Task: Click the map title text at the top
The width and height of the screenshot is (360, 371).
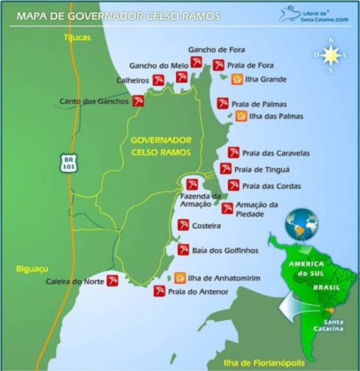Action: tap(119, 14)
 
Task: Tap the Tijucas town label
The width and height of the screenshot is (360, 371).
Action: tap(77, 38)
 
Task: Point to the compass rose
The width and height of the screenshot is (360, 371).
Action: tap(330, 56)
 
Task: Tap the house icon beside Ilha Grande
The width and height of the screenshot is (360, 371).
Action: tap(236, 79)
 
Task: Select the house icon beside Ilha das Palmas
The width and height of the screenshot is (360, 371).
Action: tap(241, 116)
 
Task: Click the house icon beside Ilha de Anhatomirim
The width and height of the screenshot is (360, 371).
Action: tap(179, 278)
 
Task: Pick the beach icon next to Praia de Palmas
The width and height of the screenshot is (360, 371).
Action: tap(223, 103)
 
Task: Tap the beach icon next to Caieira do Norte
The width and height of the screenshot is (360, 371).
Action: tap(113, 281)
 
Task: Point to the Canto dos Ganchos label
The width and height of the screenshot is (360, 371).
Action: tap(93, 101)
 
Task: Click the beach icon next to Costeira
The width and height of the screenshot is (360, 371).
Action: tap(183, 224)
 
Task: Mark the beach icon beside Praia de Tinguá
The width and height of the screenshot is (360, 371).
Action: tap(226, 169)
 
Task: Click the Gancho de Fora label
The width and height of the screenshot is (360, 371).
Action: tap(216, 50)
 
